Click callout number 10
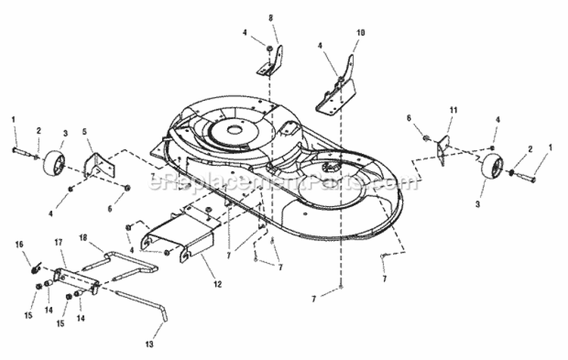point(360,33)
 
